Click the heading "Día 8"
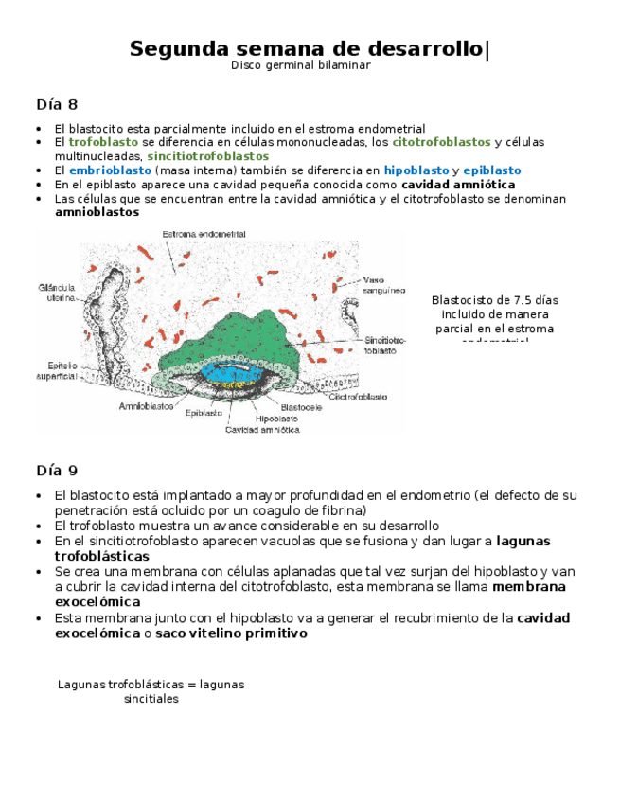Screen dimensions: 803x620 pyautogui.click(x=57, y=104)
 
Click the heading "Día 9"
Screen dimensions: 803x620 pyautogui.click(x=57, y=470)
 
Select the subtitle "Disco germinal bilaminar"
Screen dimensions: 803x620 pyautogui.click(x=301, y=65)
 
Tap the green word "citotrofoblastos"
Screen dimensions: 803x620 pyautogui.click(x=441, y=142)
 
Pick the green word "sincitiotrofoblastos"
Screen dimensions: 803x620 pyautogui.click(x=207, y=156)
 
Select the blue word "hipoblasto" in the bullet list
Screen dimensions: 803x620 pyautogui.click(x=416, y=170)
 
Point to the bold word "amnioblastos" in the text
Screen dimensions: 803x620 pyautogui.click(x=97, y=213)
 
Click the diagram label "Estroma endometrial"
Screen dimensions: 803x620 pyautogui.click(x=204, y=234)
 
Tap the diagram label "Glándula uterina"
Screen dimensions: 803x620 pyautogui.click(x=57, y=293)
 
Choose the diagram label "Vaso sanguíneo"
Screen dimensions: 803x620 pyautogui.click(x=384, y=287)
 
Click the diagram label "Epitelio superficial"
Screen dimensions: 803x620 pyautogui.click(x=56, y=370)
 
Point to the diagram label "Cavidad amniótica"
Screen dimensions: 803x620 pyautogui.click(x=262, y=429)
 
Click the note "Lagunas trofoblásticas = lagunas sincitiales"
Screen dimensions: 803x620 pyautogui.click(x=151, y=691)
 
